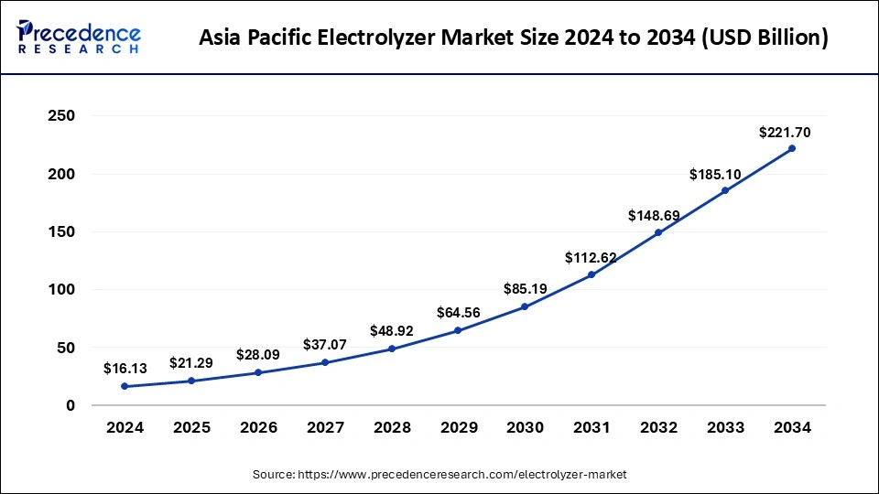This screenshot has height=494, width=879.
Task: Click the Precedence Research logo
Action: coord(79,38)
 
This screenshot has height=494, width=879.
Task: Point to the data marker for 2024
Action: coord(125,386)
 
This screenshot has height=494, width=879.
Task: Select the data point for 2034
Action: coord(792,148)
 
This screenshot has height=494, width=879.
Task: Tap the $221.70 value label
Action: coord(785,133)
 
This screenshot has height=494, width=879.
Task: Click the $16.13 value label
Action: coord(125,369)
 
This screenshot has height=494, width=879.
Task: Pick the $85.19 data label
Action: coord(526,289)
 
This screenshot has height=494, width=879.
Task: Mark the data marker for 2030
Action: coord(525,306)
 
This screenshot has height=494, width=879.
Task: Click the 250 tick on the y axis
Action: coord(62,116)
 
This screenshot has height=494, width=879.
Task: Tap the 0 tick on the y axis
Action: coord(70,405)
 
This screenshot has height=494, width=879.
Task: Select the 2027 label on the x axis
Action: coord(325,427)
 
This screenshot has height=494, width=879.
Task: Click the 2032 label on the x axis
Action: coord(658,427)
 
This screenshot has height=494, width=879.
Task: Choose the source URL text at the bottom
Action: coord(439,475)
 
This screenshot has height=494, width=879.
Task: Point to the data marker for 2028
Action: coord(392,349)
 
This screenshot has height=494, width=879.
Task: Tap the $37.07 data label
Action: coord(325,345)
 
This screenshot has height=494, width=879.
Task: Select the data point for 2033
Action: coord(725,190)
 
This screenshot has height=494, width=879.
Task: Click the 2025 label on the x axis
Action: coord(191,427)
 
